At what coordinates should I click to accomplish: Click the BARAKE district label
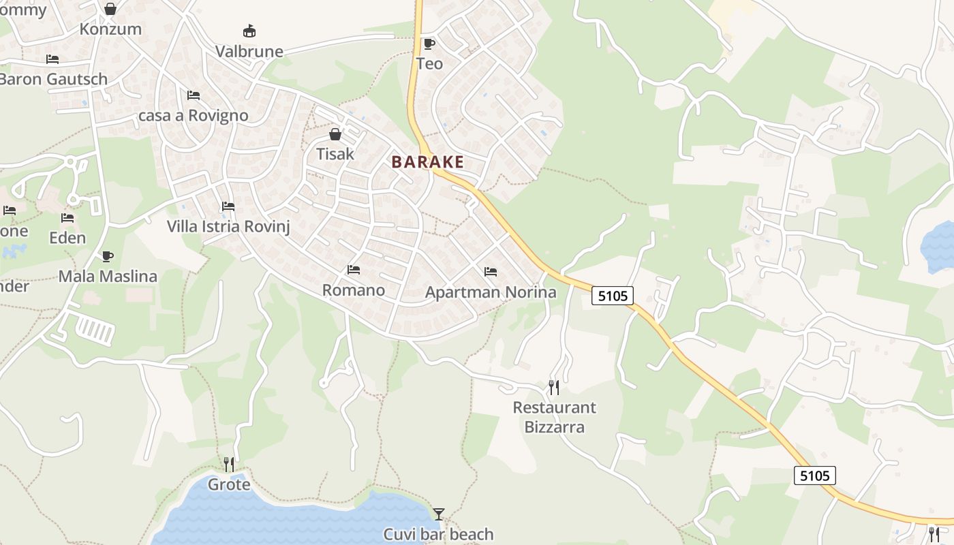tap(427, 162)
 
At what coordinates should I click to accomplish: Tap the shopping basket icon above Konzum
tap(110, 9)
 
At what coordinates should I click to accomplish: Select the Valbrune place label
tap(249, 51)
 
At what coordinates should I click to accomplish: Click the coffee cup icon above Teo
tap(429, 44)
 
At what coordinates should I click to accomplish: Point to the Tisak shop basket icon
tap(335, 134)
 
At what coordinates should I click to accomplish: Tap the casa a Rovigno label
tap(193, 115)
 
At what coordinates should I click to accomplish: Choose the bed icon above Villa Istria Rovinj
tap(228, 206)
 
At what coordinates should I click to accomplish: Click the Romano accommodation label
tap(353, 290)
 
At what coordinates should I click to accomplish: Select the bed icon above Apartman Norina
tap(490, 272)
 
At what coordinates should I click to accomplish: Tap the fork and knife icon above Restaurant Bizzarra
tap(554, 388)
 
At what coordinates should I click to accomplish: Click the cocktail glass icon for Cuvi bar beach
tap(439, 514)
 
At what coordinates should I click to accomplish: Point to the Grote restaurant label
tap(229, 485)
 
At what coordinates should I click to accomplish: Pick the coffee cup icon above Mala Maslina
tap(107, 256)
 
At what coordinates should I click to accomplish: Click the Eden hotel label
tap(67, 238)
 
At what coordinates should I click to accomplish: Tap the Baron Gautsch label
tap(53, 79)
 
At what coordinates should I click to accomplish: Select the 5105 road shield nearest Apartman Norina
tap(613, 296)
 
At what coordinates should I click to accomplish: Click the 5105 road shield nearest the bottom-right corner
tap(814, 476)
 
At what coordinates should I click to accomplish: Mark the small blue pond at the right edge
tap(940, 247)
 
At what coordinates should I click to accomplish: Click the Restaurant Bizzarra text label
tap(554, 417)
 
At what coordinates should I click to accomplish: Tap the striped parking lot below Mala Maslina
tap(95, 330)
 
